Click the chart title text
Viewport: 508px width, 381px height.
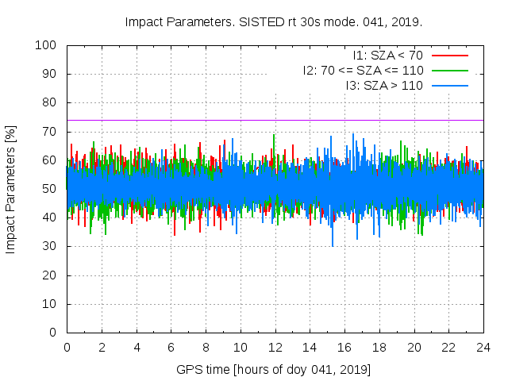274,21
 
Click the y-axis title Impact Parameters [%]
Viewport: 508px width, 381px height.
11,189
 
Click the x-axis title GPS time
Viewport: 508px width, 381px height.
274,370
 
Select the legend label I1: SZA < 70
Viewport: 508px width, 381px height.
387,56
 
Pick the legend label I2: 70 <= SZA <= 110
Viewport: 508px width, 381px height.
363,70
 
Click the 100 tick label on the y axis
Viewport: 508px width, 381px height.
45,45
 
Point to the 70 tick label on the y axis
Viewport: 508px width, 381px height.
48,132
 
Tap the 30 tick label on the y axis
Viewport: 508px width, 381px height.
48,247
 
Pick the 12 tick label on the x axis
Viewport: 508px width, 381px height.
275,347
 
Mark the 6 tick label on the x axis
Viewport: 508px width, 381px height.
171,347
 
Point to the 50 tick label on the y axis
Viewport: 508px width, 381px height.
48,189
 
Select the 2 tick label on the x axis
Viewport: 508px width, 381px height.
102,347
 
